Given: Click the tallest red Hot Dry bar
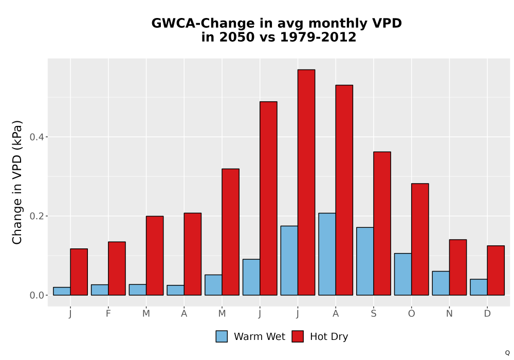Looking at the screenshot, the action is tap(306, 182).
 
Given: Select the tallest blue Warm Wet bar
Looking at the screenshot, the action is tap(327, 254).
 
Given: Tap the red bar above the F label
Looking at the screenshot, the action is tap(117, 268).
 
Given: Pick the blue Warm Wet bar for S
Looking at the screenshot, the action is tap(365, 261).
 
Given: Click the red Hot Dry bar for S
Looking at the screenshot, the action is tap(382, 224).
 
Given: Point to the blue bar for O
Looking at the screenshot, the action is tap(403, 274).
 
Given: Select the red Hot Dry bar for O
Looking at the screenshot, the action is tap(420, 239).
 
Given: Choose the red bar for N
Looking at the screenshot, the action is tap(458, 267).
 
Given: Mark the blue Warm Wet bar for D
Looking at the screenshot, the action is tap(479, 287).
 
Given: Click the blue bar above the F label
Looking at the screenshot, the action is tap(100, 290).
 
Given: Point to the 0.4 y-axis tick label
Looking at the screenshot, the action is tap(36, 137).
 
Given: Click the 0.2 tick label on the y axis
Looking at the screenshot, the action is tap(36, 216).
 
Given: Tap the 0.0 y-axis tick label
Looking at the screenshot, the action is tap(36, 295).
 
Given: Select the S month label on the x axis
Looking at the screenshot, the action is tap(373, 314).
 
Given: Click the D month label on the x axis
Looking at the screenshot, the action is tap(487, 314).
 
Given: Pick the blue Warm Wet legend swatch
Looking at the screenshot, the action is tap(222, 336).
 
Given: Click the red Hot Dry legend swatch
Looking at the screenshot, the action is tap(298, 336).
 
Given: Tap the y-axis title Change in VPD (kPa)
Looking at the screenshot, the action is tap(17, 183).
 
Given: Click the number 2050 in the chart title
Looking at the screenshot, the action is tap(236, 37).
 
